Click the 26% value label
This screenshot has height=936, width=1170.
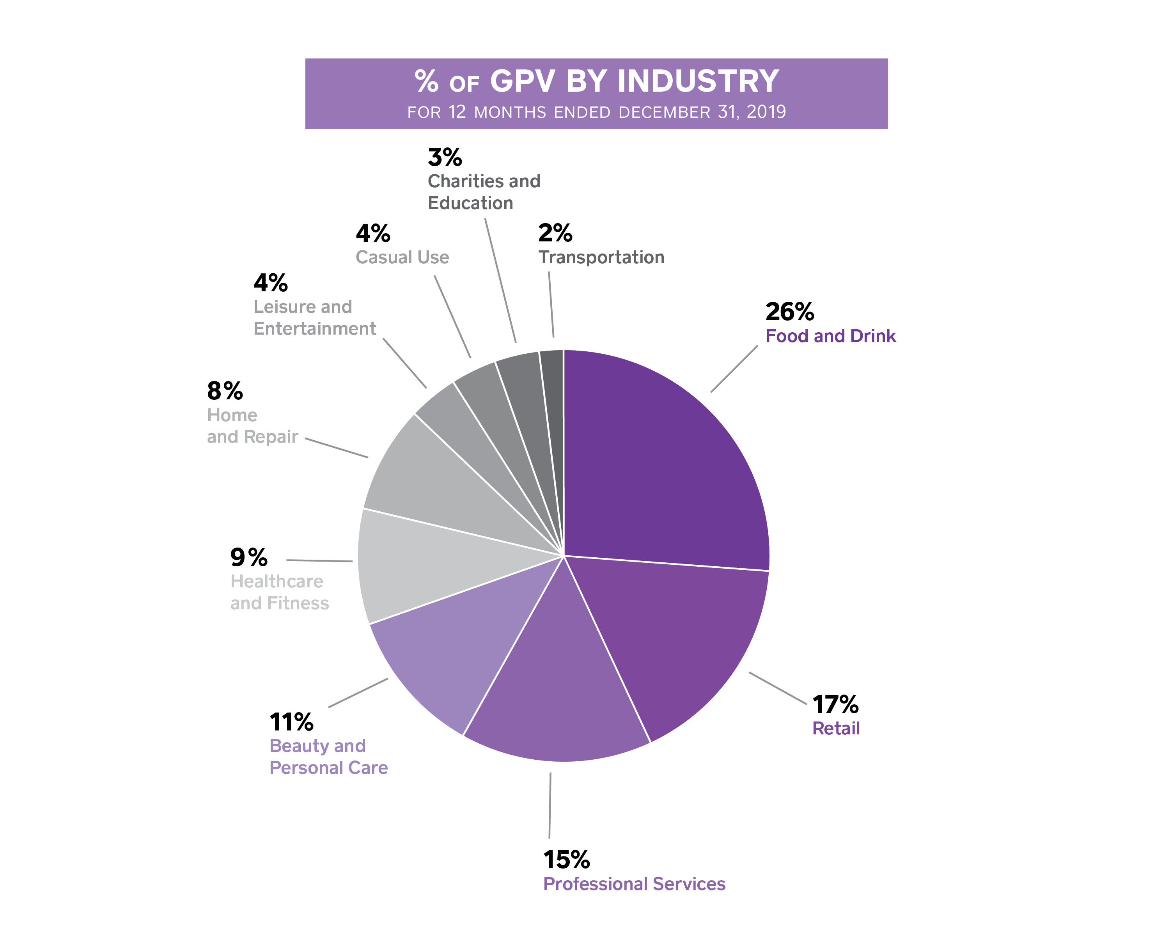click(790, 312)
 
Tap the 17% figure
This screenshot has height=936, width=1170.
click(835, 705)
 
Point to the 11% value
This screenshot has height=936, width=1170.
click(291, 722)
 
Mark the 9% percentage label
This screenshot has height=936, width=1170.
click(248, 557)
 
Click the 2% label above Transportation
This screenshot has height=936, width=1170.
click(555, 233)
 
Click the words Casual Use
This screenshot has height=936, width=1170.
click(402, 257)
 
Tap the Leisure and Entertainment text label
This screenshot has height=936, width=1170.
click(314, 318)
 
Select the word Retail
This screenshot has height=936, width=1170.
click(836, 729)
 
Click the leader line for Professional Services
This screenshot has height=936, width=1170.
click(550, 805)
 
